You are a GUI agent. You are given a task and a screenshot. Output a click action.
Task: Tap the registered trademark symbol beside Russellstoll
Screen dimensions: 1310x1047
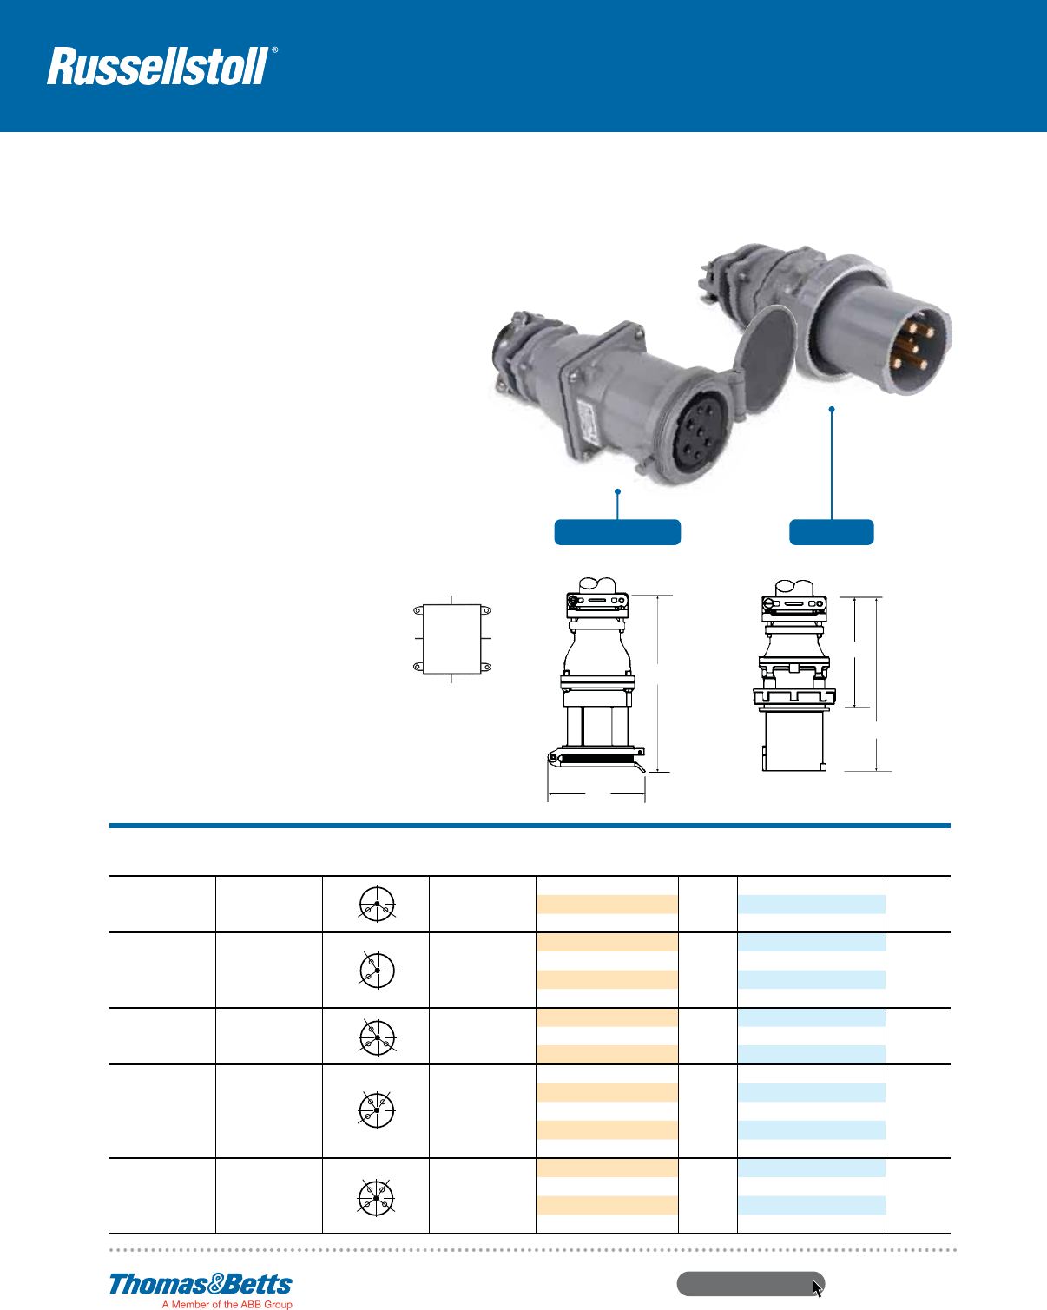[x=275, y=51]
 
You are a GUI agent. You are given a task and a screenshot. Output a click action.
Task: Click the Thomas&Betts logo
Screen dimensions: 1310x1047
[x=201, y=1284]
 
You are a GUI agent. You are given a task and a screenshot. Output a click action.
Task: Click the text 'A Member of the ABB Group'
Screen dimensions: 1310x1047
[x=227, y=1304]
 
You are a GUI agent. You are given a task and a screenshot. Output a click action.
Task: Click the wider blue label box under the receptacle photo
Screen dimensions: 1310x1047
[x=617, y=532]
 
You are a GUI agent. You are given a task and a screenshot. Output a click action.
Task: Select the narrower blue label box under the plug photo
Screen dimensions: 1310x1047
[x=831, y=532]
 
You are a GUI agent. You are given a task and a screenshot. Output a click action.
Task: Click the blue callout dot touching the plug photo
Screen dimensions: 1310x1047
[x=832, y=409]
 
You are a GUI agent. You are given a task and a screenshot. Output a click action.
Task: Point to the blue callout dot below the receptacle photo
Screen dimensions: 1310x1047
[x=617, y=492]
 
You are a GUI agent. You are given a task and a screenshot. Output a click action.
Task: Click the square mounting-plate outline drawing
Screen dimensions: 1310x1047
[x=451, y=639]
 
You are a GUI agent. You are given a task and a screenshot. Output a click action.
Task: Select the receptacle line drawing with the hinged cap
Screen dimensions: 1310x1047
[x=597, y=677]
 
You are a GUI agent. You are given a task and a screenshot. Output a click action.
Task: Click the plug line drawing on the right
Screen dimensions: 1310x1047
[x=793, y=677]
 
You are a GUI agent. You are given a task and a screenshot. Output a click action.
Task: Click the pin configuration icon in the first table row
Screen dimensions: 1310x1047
[x=377, y=904]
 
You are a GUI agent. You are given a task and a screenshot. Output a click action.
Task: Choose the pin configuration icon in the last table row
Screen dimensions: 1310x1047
[x=376, y=1197]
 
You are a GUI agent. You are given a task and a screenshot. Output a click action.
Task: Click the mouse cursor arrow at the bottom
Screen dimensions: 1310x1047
[x=817, y=1287]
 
